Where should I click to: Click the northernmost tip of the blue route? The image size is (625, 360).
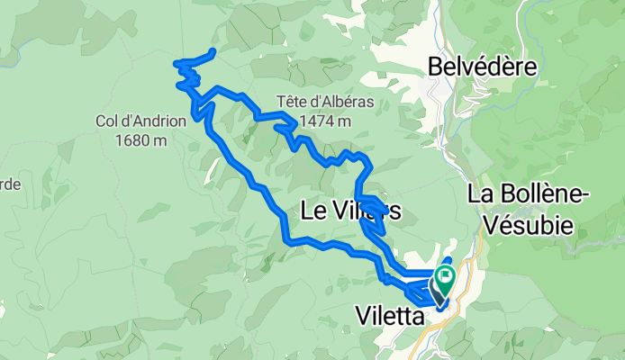tap(213, 50)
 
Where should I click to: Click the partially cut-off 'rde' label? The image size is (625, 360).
tap(9, 184)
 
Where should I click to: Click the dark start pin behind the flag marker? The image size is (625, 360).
tap(438, 292)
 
